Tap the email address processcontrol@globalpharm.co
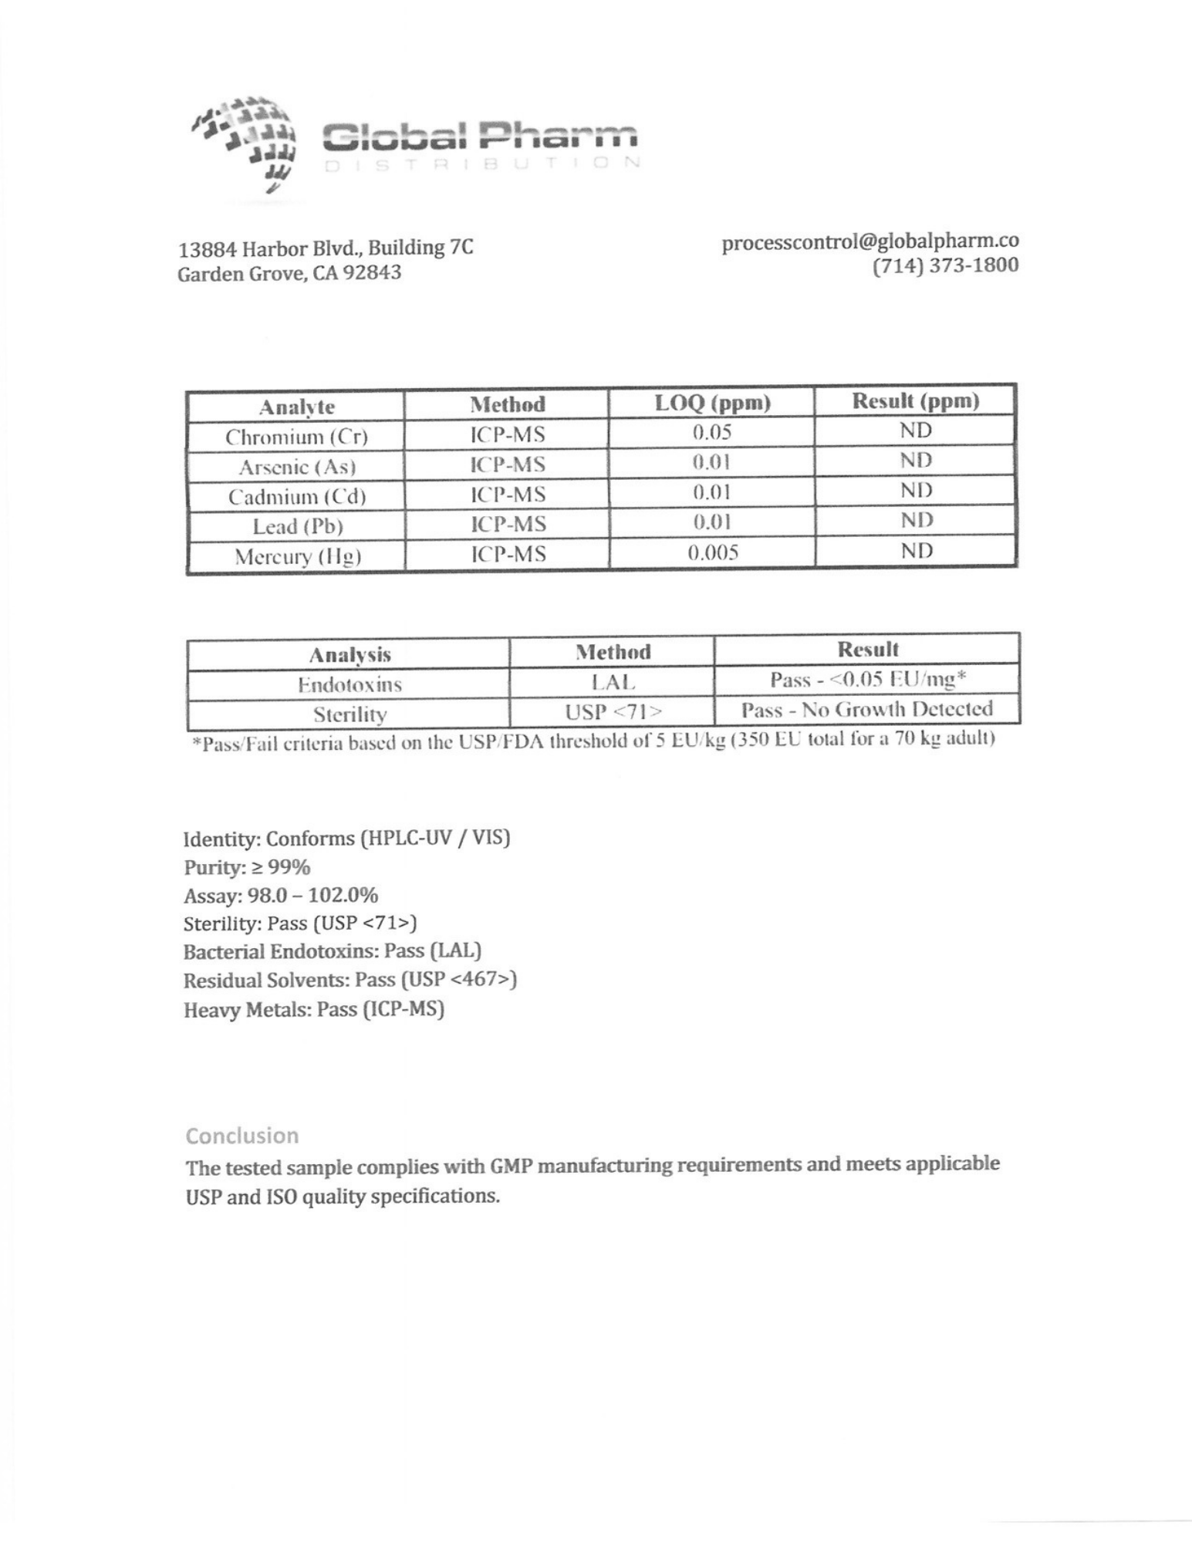pos(870,241)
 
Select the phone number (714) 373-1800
pos(945,265)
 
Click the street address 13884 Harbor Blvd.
pos(325,248)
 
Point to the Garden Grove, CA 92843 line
pos(289,274)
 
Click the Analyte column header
pos(296,407)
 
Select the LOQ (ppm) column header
pos(711,403)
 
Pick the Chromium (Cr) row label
pos(296,437)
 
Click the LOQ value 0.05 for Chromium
pos(711,432)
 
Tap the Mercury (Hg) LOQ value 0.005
pos(712,552)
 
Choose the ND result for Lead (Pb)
pos(916,521)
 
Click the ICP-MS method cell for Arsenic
pos(508,464)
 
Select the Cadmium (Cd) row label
pos(296,497)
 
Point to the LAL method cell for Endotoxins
pos(613,682)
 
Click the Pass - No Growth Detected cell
pos(866,709)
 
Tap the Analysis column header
pos(349,655)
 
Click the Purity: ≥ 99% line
pos(247,867)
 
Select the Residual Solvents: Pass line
pos(349,980)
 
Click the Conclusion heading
pos(241,1136)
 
